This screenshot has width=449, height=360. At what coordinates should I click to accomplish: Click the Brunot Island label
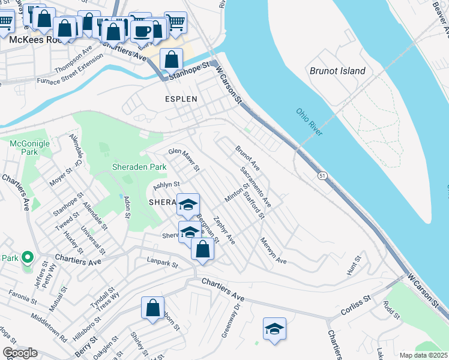click(x=337, y=71)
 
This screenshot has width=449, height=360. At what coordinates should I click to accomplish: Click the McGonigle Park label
click(x=23, y=148)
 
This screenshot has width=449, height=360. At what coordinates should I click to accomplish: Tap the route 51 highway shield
click(x=323, y=175)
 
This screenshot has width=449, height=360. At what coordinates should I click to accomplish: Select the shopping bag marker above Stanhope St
click(x=172, y=59)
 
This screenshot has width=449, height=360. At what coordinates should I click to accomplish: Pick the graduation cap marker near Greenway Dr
click(x=274, y=329)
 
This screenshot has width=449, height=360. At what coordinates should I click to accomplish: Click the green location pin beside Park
click(x=27, y=258)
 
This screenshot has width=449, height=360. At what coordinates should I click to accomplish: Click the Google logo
click(x=20, y=353)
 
